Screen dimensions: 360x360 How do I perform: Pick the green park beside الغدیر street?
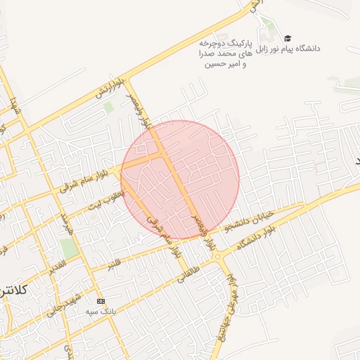68,247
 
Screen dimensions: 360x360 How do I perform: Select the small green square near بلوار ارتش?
108,108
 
